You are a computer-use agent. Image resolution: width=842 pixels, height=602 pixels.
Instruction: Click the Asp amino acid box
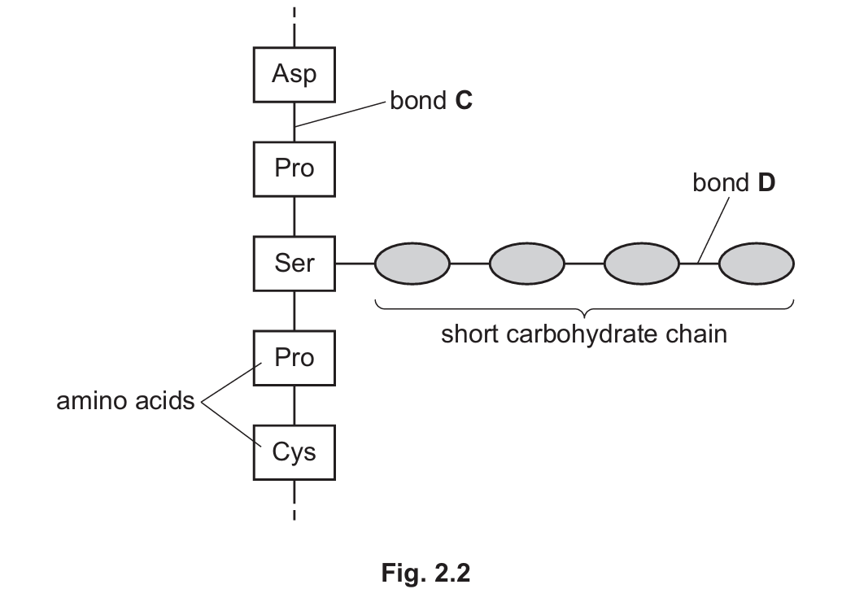point(294,74)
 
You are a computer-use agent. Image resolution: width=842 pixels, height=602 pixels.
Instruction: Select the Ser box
point(294,264)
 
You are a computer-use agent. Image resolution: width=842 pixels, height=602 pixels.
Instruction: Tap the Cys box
point(294,451)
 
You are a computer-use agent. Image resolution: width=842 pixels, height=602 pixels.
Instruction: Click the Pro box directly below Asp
point(294,168)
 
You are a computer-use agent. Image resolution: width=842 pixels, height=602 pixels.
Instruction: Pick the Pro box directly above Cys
point(294,357)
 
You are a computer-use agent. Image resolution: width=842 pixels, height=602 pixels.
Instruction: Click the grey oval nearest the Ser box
point(412,264)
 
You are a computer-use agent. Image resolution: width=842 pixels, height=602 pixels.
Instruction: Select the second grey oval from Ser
point(526,264)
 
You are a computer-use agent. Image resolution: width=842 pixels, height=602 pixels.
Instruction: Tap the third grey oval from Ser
point(641,264)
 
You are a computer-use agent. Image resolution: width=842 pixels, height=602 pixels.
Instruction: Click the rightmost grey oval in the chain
point(757,264)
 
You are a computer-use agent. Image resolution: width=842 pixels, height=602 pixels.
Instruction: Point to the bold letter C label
point(465,102)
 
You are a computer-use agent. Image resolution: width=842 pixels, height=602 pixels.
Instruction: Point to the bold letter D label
point(766,183)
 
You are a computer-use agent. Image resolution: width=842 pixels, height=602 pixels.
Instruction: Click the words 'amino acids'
point(125,401)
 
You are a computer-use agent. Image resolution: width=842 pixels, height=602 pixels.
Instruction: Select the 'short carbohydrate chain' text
point(583,334)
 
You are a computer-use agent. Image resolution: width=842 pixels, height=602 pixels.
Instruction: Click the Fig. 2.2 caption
point(425,573)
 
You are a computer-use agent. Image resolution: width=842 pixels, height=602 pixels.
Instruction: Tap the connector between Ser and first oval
point(354,264)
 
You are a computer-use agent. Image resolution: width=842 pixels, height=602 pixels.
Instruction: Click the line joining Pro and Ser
point(294,216)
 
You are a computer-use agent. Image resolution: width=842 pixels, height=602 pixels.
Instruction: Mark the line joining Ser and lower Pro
point(294,311)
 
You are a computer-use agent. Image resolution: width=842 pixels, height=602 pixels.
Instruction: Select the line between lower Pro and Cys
point(294,404)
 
